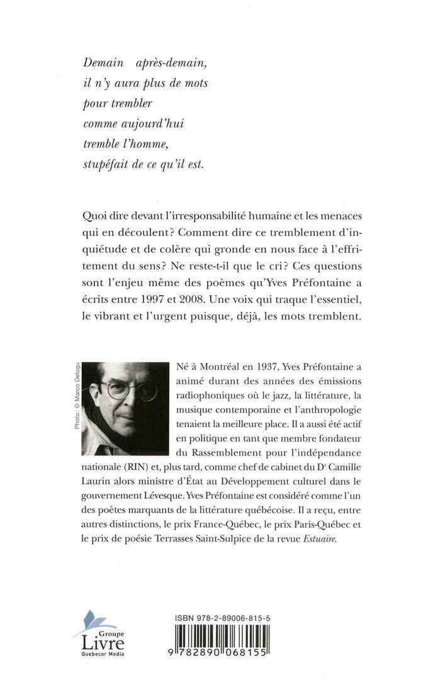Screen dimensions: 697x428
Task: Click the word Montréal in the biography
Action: click(218, 369)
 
